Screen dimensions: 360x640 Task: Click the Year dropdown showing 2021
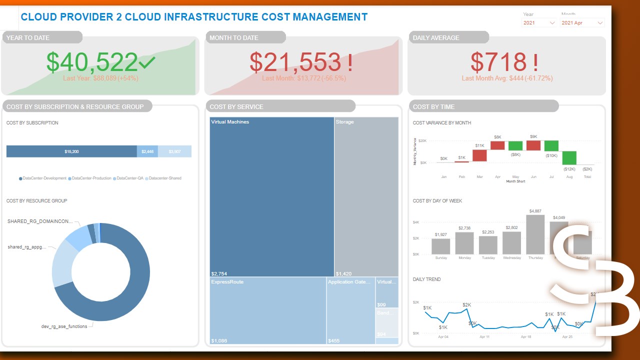pyautogui.click(x=539, y=23)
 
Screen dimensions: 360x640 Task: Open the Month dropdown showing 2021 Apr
pyautogui.click(x=582, y=23)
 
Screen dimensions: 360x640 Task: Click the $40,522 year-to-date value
pyautogui.click(x=92, y=61)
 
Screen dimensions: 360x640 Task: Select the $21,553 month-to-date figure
pyautogui.click(x=295, y=61)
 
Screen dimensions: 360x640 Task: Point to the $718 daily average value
pyautogui.click(x=498, y=61)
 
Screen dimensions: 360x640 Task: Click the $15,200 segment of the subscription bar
pyautogui.click(x=71, y=151)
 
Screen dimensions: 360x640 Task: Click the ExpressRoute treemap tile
pyautogui.click(x=267, y=310)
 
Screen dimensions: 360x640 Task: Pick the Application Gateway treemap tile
pyautogui.click(x=350, y=310)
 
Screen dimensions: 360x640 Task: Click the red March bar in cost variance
pyautogui.click(x=479, y=155)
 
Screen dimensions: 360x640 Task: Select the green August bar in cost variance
pyautogui.click(x=569, y=158)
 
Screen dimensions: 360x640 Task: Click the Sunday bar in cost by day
pyautogui.click(x=441, y=246)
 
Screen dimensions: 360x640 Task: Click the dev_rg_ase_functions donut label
pyautogui.click(x=64, y=326)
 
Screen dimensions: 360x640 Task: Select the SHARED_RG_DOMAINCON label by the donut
pyautogui.click(x=40, y=221)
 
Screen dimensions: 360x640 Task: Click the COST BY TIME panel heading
pyautogui.click(x=433, y=106)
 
